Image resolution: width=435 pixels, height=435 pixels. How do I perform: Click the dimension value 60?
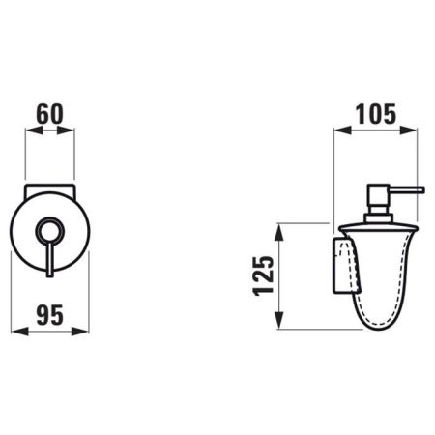pos(50,114)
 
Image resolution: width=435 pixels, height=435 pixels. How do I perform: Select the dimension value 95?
pos(49,315)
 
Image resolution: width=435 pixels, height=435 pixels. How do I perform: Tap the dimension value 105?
pos(375,114)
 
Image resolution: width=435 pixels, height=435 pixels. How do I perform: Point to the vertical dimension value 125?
pos(264,275)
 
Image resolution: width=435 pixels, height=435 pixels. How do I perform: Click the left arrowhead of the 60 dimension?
pos(34,130)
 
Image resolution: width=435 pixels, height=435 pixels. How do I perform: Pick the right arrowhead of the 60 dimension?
pos(66,130)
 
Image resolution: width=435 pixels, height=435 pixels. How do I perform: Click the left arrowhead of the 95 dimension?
pos(19,332)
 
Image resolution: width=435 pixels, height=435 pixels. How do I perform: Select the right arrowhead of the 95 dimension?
pos(80,332)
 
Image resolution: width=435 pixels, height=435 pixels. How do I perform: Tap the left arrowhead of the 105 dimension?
pos(342,130)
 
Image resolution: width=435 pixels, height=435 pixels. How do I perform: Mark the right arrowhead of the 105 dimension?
pos(409,130)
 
